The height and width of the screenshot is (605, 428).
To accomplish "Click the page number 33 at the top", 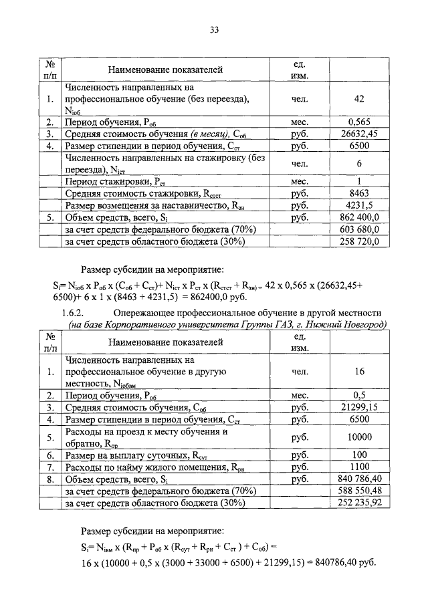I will click(x=214, y=29).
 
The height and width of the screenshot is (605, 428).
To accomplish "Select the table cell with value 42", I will click(x=359, y=100).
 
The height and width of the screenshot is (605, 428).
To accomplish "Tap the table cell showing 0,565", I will click(x=359, y=122).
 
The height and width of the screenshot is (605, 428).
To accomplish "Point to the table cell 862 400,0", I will click(x=359, y=217).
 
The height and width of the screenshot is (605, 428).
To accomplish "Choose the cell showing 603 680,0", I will click(x=359, y=229).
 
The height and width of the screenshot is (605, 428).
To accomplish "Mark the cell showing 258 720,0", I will click(x=359, y=241).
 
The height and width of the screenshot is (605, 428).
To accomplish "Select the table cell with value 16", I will click(x=359, y=372).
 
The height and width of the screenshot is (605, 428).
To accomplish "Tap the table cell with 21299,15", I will click(x=359, y=406).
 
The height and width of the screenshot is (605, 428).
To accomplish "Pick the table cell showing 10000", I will click(x=359, y=437).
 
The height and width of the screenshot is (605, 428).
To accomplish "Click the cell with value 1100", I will click(x=359, y=467).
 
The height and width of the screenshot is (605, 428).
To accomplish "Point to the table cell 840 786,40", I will click(x=359, y=479).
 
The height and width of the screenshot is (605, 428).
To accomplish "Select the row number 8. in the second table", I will click(x=50, y=479).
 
